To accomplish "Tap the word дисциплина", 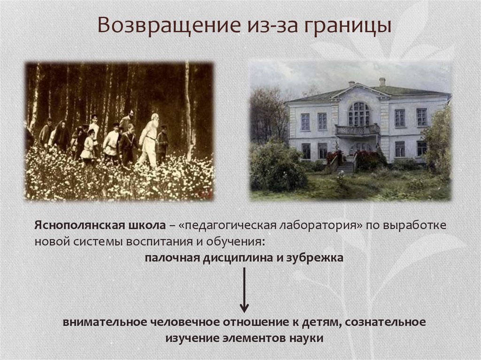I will (239, 258).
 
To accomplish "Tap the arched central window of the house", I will (359, 114).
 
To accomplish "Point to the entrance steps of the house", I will (346, 167).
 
